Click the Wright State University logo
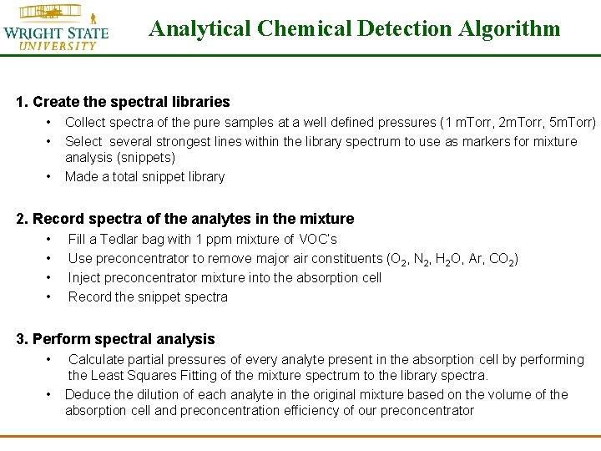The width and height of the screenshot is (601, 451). click(x=55, y=27)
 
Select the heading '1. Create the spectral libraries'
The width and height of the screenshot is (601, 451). click(x=123, y=102)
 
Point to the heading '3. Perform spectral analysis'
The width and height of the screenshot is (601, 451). click(x=115, y=339)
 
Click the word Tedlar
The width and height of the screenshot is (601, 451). click(x=126, y=240)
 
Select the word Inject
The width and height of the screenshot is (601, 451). click(x=84, y=277)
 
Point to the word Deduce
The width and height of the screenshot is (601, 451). click(x=87, y=394)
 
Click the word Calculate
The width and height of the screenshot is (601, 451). click(x=98, y=359)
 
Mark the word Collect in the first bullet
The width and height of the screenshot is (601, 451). click(x=85, y=123)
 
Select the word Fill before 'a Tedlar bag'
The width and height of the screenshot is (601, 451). click(x=77, y=240)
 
